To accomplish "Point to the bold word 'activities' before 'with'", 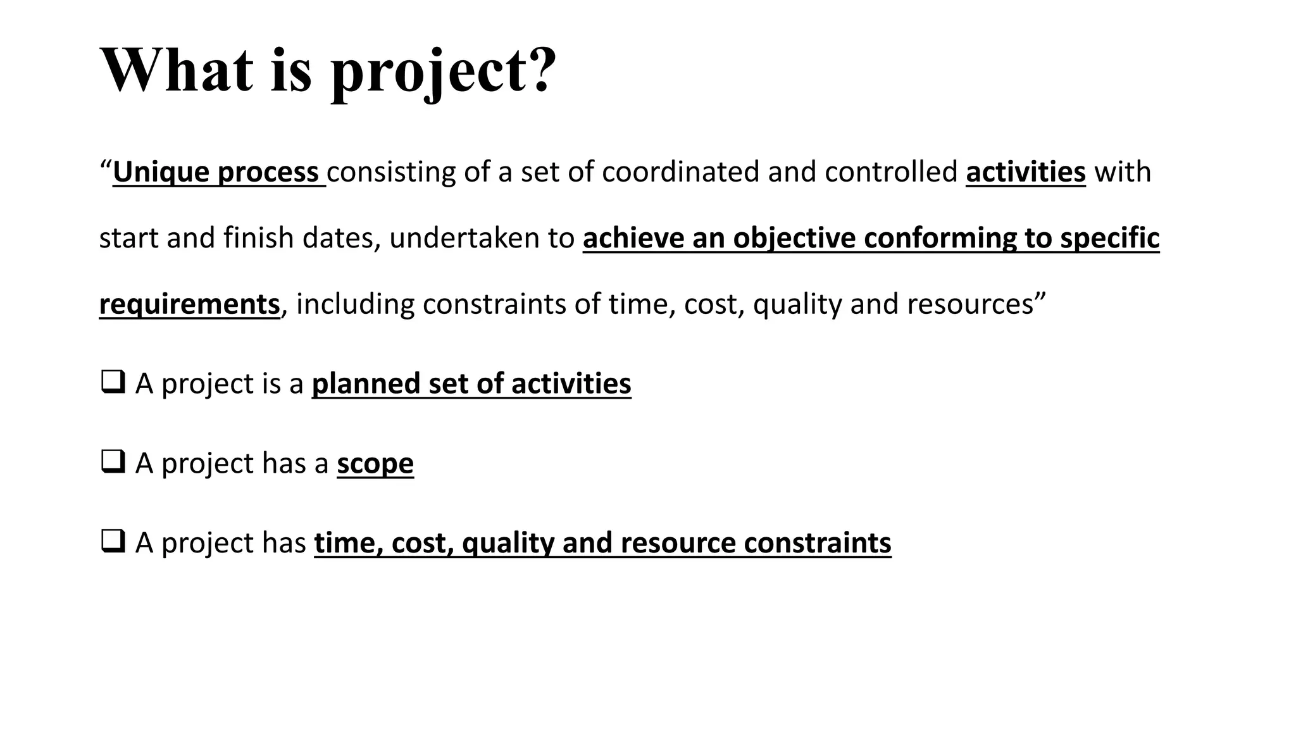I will pyautogui.click(x=1025, y=172).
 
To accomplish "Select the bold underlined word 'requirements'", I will pyautogui.click(x=189, y=304).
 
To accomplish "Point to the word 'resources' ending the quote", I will pyautogui.click(x=969, y=304).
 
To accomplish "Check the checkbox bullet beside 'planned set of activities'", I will pyautogui.click(x=112, y=383).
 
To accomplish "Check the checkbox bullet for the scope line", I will pyautogui.click(x=112, y=463).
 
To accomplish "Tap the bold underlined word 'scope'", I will pyautogui.click(x=375, y=464).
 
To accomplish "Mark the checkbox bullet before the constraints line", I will pyautogui.click(x=112, y=542).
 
